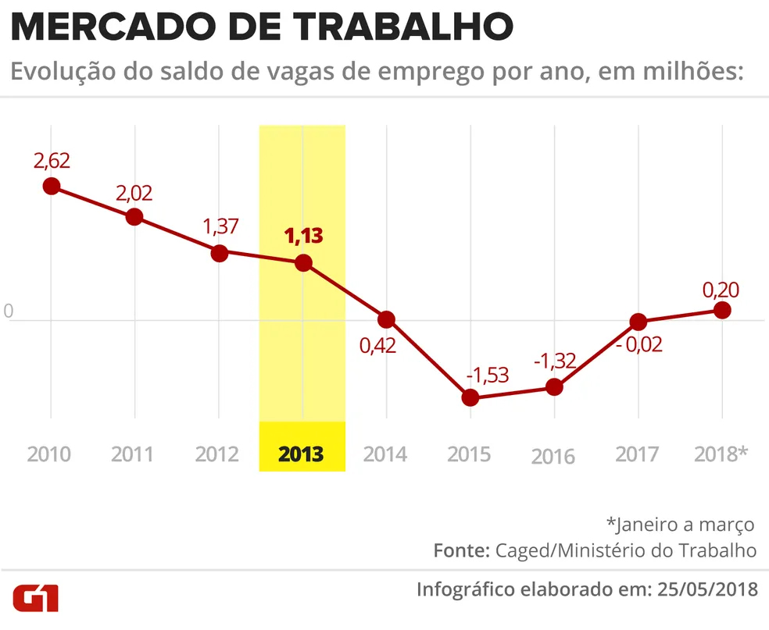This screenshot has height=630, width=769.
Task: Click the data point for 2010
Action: [x=52, y=186]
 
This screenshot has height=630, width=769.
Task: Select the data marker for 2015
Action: [x=470, y=397]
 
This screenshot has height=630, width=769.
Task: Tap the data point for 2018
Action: [x=722, y=310]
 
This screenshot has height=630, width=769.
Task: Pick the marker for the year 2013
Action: [x=303, y=263]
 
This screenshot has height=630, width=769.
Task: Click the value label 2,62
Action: [x=52, y=161]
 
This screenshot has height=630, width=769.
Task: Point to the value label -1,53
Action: [x=487, y=374]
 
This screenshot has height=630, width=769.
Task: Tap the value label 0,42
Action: [x=378, y=346]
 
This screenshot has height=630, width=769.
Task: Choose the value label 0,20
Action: [x=721, y=290]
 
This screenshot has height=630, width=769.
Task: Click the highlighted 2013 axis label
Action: [x=302, y=454]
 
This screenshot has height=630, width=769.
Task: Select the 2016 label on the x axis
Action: [x=553, y=456]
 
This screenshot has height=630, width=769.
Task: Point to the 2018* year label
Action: [x=721, y=454]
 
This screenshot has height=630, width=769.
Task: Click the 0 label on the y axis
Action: [x=9, y=311]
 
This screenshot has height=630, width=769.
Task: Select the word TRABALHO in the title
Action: [x=403, y=27]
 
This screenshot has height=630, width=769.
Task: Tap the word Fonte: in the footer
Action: [x=461, y=550]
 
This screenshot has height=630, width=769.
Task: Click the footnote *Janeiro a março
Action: [x=680, y=524]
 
